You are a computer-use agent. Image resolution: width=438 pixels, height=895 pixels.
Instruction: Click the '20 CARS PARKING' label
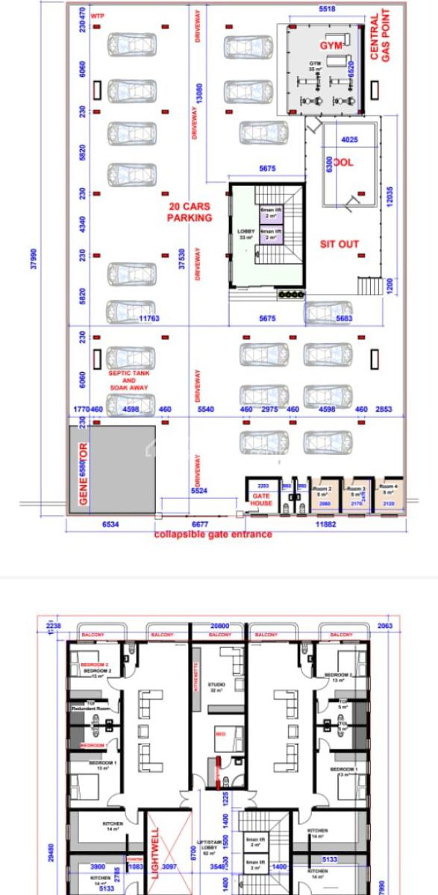point(190,212)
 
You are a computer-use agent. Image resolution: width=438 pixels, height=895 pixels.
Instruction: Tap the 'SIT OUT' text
point(340,244)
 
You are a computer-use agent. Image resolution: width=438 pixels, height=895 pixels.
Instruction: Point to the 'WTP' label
point(96,15)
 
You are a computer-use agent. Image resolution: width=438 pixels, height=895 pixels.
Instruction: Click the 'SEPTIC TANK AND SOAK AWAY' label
point(128,380)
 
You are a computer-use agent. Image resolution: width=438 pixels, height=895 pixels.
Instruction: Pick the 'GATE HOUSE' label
point(262,500)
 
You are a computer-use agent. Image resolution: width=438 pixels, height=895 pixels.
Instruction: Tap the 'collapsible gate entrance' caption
point(213,534)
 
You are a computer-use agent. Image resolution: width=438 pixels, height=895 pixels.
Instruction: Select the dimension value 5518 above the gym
point(327,9)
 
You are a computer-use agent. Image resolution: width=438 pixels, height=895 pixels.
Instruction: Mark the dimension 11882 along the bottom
point(326,524)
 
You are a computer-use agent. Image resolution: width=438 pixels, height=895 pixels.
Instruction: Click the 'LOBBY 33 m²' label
point(245,234)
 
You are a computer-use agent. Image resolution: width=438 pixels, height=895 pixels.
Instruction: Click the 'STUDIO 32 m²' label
point(217,688)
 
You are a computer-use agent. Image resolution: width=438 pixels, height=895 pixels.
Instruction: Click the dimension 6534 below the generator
point(110,524)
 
